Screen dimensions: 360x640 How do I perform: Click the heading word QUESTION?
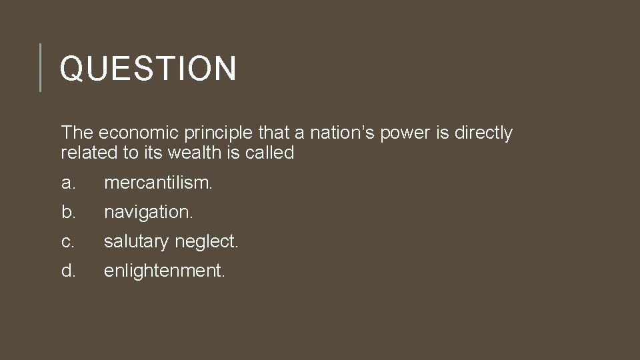pos(148,68)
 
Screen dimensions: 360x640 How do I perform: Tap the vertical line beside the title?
pos(40,67)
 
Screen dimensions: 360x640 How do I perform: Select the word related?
pos(89,153)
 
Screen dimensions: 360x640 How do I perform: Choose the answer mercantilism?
pos(159,183)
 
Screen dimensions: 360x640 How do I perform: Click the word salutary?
pos(136,242)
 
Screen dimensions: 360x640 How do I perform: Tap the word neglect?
pos(206,242)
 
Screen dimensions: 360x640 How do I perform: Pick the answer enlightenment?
pos(165,271)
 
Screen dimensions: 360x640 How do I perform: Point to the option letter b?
pos(67,212)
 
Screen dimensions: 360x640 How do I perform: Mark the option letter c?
pos(67,242)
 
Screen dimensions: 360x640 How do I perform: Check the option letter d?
pos(67,271)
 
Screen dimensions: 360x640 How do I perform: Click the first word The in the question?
pos(75,133)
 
